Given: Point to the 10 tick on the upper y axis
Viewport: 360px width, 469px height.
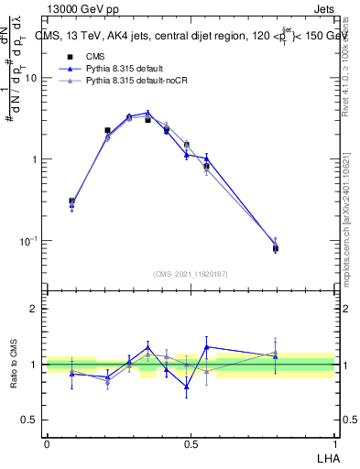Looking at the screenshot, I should [x=32, y=79].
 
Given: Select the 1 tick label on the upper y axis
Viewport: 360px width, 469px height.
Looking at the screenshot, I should [x=36, y=159].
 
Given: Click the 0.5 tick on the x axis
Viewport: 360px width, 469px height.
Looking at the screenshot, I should [x=191, y=443].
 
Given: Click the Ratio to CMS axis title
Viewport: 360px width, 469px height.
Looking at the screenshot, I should [x=14, y=364].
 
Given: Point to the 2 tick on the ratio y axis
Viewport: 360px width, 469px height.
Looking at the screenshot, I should [x=36, y=310].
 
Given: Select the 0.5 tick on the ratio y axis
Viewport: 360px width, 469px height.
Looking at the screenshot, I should [x=30, y=420].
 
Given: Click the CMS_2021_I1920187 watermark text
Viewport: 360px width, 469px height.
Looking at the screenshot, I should [x=191, y=274].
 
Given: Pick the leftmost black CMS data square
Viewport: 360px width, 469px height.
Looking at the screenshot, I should [x=71, y=202].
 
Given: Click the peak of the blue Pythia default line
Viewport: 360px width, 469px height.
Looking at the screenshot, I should [x=147, y=113].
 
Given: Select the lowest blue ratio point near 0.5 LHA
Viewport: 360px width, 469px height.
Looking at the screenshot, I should [x=187, y=387].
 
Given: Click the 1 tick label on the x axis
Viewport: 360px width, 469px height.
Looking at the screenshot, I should [x=334, y=443].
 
